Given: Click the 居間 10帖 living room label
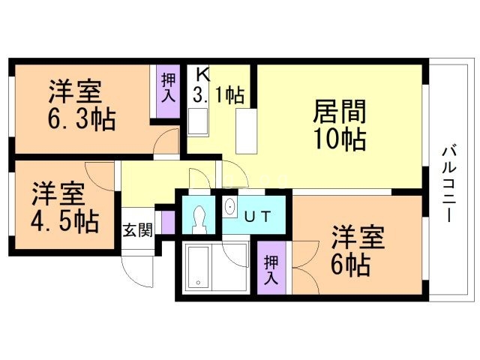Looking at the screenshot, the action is (x=339, y=125).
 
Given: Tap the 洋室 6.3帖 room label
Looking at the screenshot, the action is (x=82, y=105).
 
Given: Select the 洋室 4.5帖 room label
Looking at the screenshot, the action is (x=65, y=208).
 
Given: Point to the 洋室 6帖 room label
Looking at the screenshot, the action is (x=358, y=250).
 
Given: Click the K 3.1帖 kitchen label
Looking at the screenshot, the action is (x=218, y=86).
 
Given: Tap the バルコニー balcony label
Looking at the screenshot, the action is (x=448, y=184).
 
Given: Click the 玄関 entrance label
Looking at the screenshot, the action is (x=137, y=230).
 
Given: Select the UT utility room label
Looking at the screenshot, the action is (x=258, y=217).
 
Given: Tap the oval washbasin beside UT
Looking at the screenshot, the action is (x=229, y=207).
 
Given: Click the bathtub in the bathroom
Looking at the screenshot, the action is (x=198, y=268).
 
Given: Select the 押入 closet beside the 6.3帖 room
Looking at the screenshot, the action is (x=168, y=91).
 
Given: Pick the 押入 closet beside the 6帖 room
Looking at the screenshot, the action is (x=271, y=268).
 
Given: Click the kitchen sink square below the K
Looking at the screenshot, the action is (x=198, y=122).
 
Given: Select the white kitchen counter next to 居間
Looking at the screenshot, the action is (x=246, y=131).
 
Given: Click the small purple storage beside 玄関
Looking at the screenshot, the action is (x=168, y=222).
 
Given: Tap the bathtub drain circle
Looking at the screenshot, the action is (x=198, y=283).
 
